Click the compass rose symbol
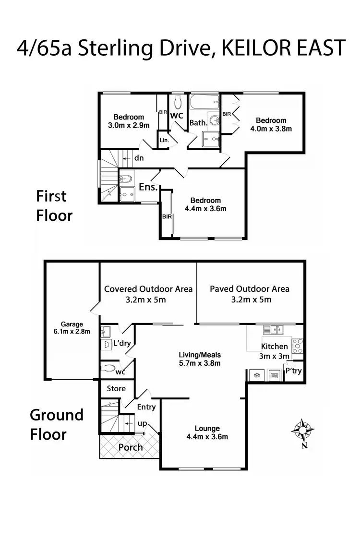[x=302, y=430]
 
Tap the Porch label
[x=130, y=447]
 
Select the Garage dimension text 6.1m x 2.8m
[x=72, y=331]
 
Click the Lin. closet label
[x=163, y=141]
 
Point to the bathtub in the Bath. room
[x=204, y=102]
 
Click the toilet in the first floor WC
[x=178, y=101]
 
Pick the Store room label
[x=116, y=388]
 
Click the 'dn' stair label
[x=139, y=157]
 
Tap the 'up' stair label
[x=142, y=424]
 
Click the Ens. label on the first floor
[x=148, y=187]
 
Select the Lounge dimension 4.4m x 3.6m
[x=208, y=437]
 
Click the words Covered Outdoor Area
[x=148, y=289]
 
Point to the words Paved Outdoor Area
[x=250, y=289]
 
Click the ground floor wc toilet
[x=108, y=369]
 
